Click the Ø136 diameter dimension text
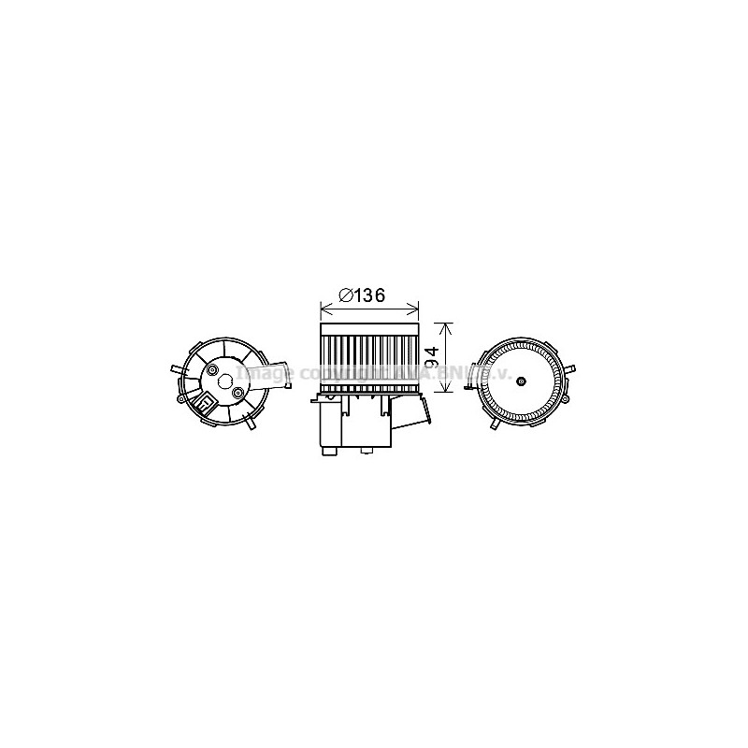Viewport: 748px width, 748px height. coord(363,295)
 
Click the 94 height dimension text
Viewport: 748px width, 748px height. coord(432,357)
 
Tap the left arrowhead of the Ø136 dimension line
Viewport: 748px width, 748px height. coord(324,306)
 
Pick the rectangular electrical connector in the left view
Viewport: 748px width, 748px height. coord(203,404)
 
